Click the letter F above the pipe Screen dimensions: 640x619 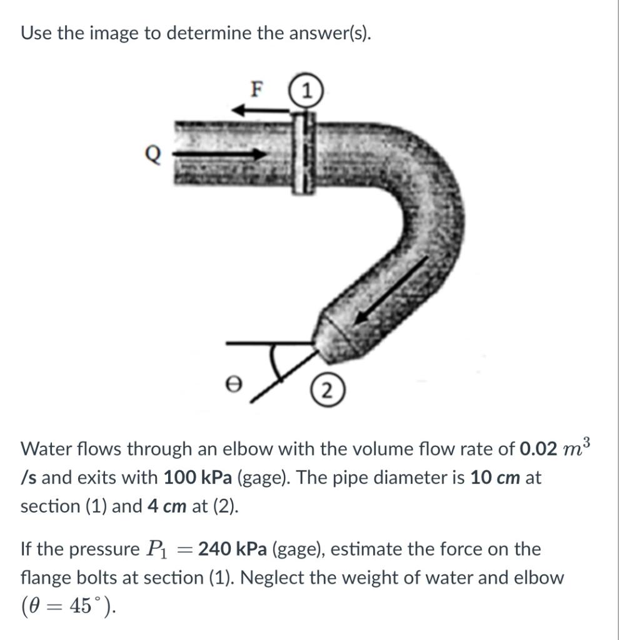(x=255, y=90)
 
